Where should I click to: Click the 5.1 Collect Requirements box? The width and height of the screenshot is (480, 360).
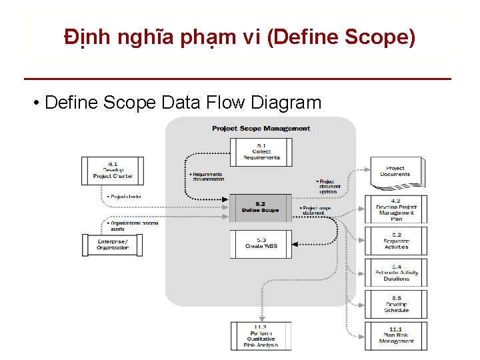(261, 152)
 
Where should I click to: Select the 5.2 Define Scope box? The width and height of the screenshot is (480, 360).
(261, 207)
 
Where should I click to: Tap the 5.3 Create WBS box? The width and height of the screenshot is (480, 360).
(261, 243)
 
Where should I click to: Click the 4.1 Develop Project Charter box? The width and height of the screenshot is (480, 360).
(112, 171)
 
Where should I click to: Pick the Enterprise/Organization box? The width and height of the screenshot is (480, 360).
(112, 245)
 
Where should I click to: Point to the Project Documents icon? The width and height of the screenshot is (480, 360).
(395, 172)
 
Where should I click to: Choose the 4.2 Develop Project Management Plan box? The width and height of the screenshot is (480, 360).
(396, 209)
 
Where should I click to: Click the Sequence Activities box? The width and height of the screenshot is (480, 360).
(396, 241)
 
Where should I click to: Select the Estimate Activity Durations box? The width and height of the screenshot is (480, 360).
(396, 273)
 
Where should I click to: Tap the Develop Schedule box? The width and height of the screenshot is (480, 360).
(396, 304)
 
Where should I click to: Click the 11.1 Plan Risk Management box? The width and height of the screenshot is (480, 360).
(396, 335)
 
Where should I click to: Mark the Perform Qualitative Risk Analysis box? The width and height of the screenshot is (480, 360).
(261, 336)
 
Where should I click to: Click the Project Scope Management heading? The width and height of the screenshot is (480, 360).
(261, 128)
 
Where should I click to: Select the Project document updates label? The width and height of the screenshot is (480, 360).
(329, 186)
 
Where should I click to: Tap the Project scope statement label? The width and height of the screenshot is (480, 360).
(316, 211)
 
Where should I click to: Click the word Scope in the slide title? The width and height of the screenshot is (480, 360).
(383, 37)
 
